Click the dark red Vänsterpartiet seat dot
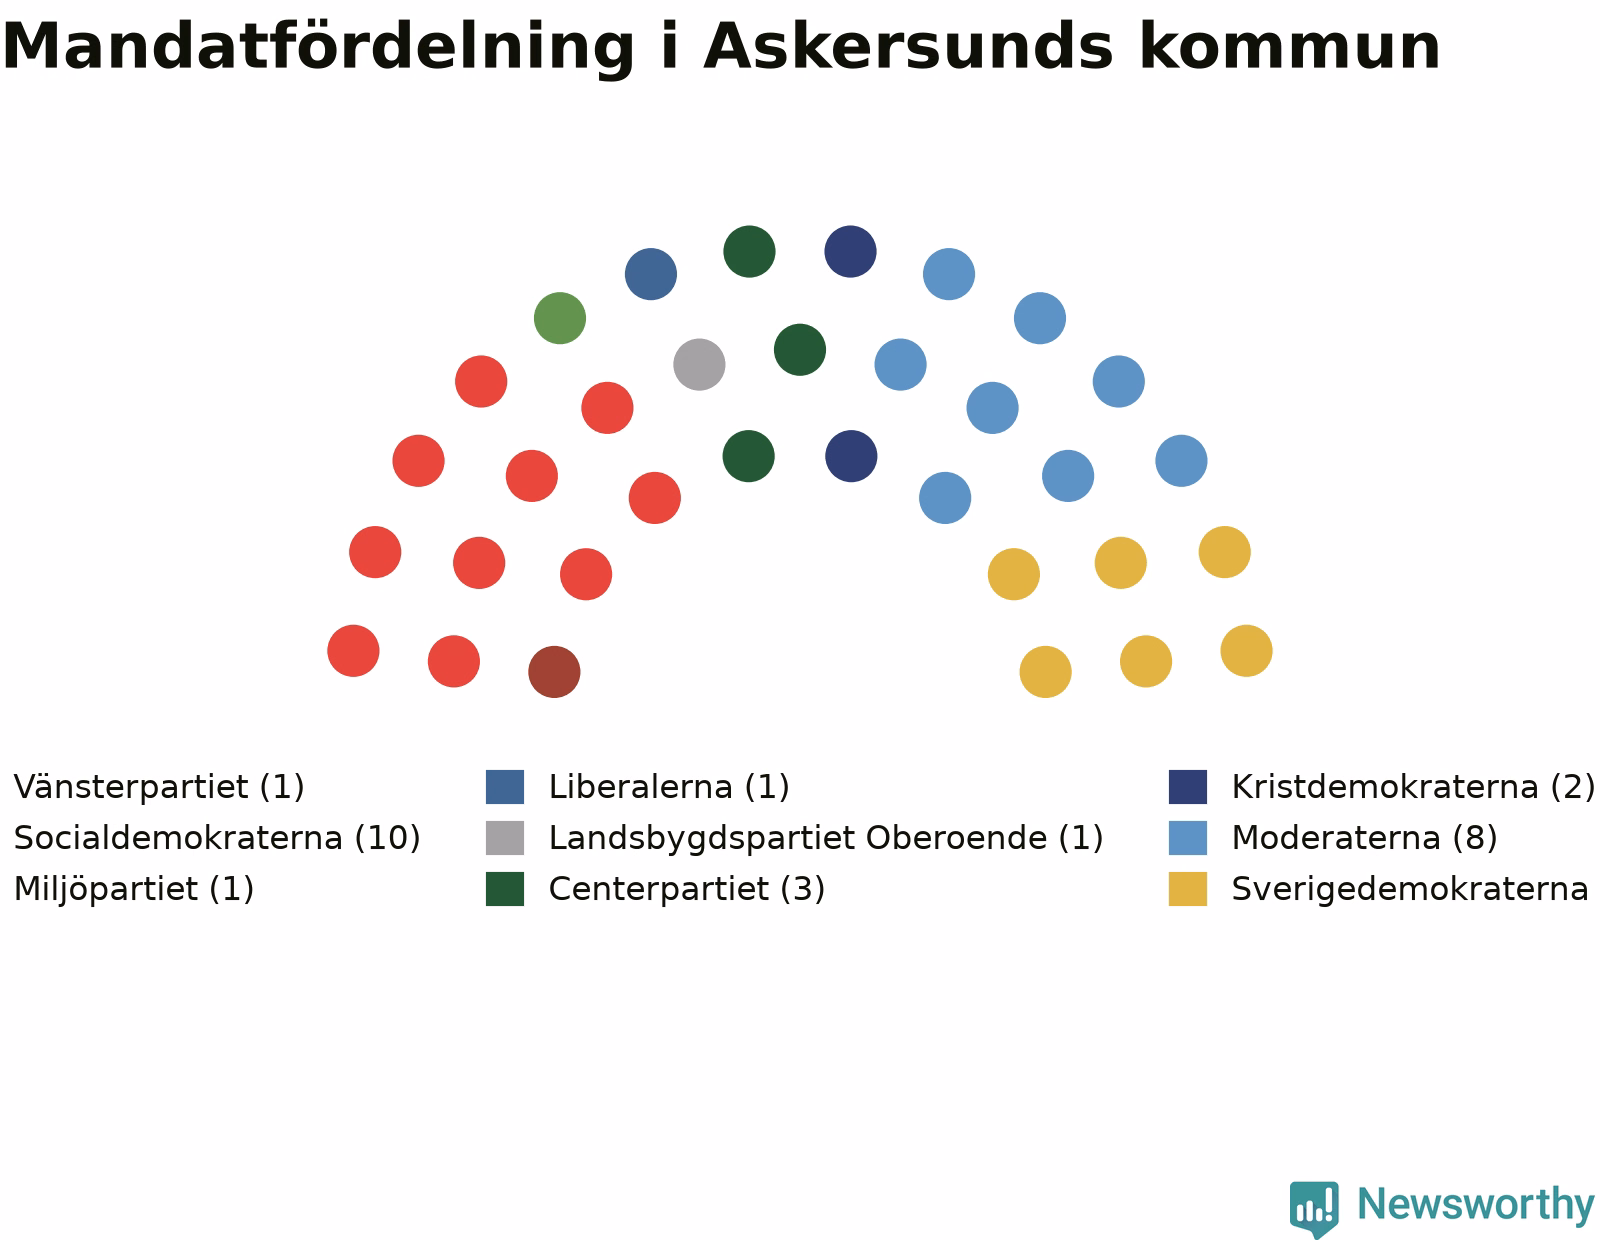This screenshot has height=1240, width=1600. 554,672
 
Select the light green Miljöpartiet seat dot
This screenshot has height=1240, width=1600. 560,318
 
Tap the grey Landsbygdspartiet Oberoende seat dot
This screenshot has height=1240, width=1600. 699,364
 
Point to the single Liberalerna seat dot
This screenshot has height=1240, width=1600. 650,274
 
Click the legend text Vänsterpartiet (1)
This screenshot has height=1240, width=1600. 159,787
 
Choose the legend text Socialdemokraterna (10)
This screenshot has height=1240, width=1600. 217,838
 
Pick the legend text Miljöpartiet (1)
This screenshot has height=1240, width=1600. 134,889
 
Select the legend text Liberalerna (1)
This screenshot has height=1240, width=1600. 669,787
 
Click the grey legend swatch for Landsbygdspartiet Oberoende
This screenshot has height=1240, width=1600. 504,838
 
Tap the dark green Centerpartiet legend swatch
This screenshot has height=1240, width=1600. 504,889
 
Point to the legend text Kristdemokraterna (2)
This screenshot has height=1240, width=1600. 1413,787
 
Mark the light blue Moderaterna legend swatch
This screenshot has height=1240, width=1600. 1188,838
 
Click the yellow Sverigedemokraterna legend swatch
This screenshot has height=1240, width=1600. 1188,889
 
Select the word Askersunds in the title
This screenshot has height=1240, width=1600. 909,46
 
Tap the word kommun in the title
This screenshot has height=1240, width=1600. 1289,46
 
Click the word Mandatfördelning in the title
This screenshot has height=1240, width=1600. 318,49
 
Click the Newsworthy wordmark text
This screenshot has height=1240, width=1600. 1476,1205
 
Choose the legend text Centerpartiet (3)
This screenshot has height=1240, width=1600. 686,889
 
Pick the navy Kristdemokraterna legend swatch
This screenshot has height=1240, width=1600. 1188,787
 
